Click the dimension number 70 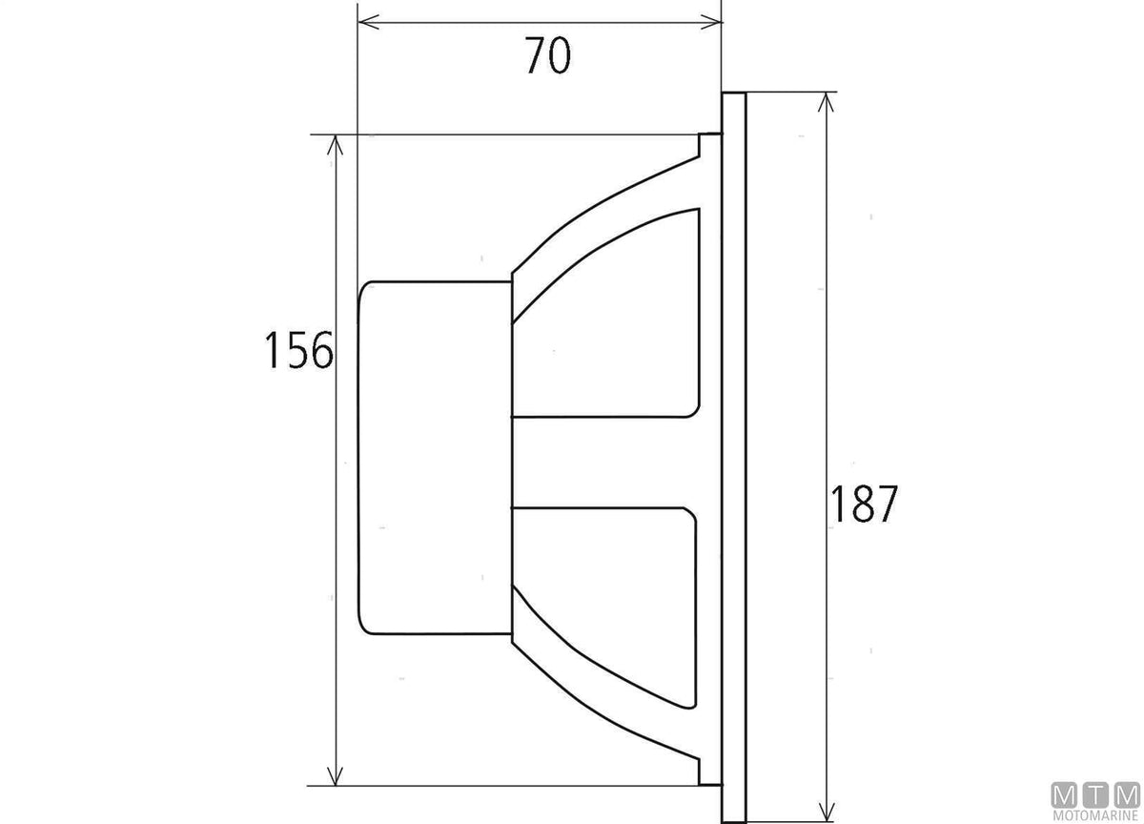pos(547,55)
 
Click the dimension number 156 pos(298,350)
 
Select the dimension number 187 pos(864,504)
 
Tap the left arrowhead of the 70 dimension pos(368,23)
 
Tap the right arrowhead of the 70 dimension pos(711,23)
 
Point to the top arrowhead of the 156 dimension pos(335,145)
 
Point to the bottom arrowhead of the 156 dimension pos(335,775)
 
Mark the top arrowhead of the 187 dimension pos(826,102)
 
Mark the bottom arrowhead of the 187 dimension pos(826,812)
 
